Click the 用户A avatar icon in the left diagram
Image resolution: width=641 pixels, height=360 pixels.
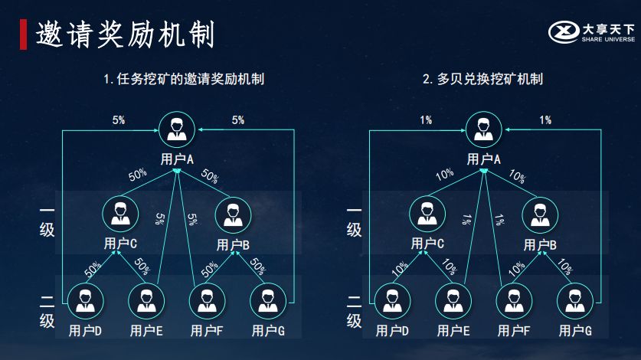click(x=177, y=128)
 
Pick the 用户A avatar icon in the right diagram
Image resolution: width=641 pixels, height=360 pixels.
click(x=483, y=128)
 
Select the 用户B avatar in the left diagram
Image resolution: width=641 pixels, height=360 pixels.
click(x=234, y=214)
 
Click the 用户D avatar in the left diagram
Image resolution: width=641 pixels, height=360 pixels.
click(x=84, y=302)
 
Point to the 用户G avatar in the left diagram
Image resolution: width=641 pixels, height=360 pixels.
click(x=268, y=302)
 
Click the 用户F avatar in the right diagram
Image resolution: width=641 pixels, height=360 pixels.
click(x=514, y=302)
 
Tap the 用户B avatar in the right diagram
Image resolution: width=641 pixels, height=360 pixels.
click(x=541, y=214)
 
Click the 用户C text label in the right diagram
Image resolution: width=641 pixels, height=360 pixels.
click(x=427, y=244)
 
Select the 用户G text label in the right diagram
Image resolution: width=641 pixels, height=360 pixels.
click(x=575, y=331)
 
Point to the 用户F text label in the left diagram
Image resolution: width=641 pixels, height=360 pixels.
click(x=207, y=331)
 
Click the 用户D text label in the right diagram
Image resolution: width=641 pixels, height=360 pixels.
click(x=392, y=331)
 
